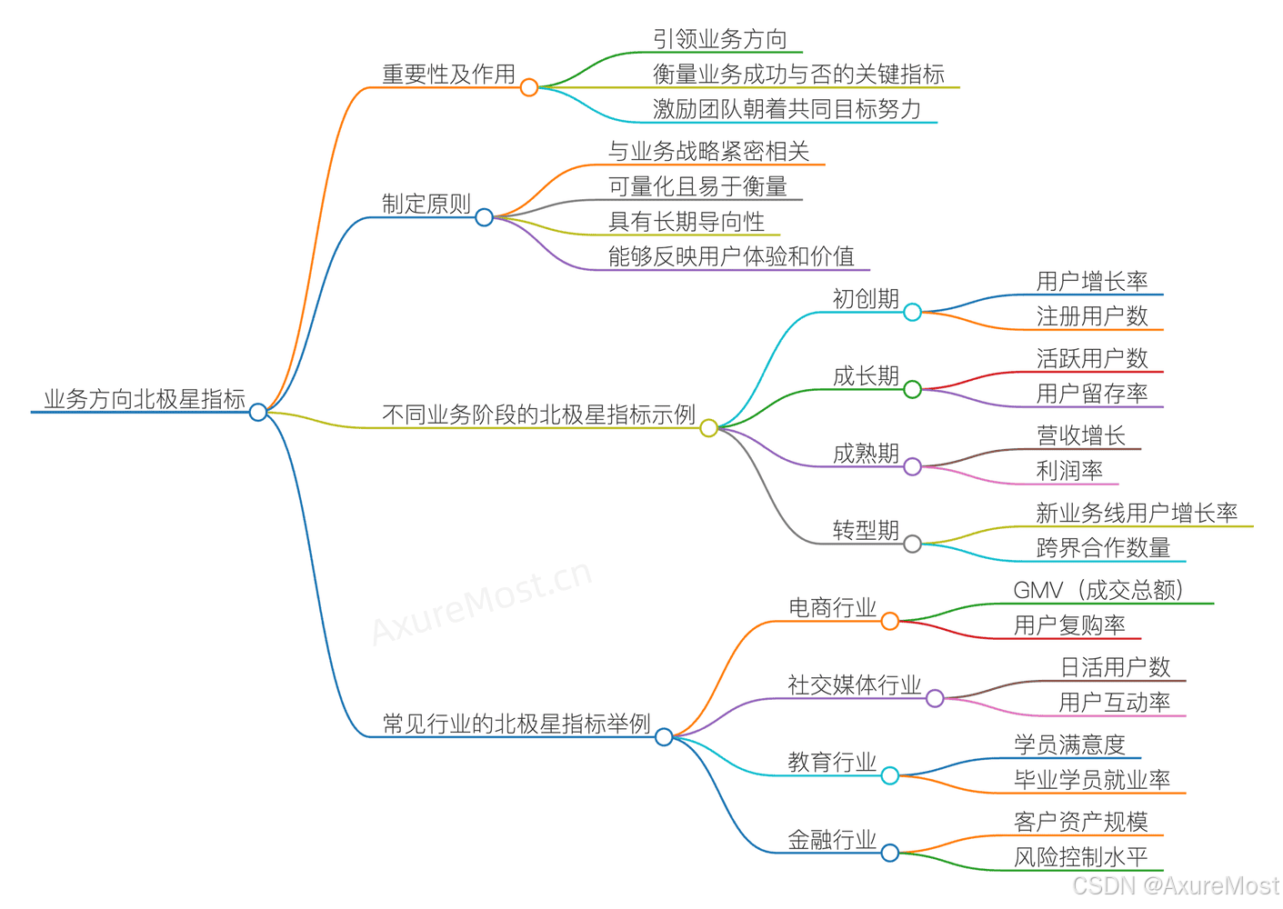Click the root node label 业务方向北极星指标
pyautogui.click(x=145, y=399)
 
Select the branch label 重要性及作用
pyautogui.click(x=448, y=75)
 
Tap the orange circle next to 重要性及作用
pyautogui.click(x=529, y=87)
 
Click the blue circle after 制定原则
pyautogui.click(x=485, y=217)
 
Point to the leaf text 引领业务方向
pyautogui.click(x=720, y=39)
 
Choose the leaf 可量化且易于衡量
pyautogui.click(x=697, y=186)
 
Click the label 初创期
pyautogui.click(x=866, y=299)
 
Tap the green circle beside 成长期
pyautogui.click(x=913, y=390)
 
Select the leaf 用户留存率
pyautogui.click(x=1092, y=394)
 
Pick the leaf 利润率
pyautogui.click(x=1069, y=471)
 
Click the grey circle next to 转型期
pyautogui.click(x=913, y=544)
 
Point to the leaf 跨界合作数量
pyautogui.click(x=1103, y=548)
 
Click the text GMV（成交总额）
pyautogui.click(x=1098, y=590)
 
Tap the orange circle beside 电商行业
pyautogui.click(x=890, y=622)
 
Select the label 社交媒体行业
pyautogui.click(x=854, y=685)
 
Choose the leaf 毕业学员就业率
pyautogui.click(x=1092, y=780)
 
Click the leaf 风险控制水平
pyautogui.click(x=1080, y=857)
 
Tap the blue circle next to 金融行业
pyautogui.click(x=890, y=854)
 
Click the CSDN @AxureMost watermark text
pyautogui.click(x=1176, y=885)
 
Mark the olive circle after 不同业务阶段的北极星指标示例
pyautogui.click(x=709, y=428)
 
